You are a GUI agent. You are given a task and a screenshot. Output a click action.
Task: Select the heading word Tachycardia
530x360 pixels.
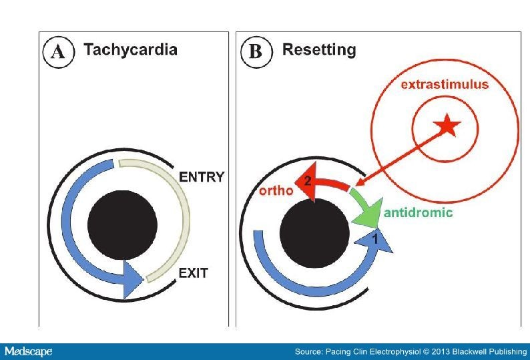tap(130, 50)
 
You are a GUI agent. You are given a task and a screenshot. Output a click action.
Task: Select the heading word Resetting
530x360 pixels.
tap(319, 50)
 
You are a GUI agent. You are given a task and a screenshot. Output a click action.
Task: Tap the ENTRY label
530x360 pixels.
tap(202, 177)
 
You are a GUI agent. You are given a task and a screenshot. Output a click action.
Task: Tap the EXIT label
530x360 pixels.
tap(193, 273)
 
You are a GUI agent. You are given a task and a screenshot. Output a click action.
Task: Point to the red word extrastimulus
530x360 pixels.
tap(444, 85)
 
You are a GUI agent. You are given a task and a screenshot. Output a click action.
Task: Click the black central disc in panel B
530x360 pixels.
tap(314, 232)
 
